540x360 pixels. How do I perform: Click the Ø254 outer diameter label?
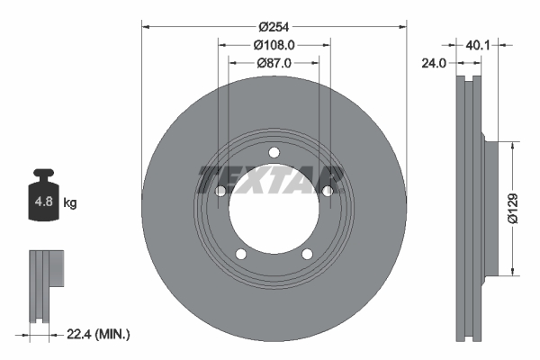274,26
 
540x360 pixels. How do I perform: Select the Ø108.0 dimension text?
274,44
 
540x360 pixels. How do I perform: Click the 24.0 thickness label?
436,63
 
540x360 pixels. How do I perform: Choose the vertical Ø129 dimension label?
510,207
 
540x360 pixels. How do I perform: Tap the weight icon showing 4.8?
43,200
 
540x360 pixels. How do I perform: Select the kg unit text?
69,203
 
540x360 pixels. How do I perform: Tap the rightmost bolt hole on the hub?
328,190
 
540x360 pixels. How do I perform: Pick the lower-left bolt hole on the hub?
240,254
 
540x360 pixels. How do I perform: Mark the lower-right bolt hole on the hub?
307,254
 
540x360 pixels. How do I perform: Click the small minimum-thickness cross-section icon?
45,283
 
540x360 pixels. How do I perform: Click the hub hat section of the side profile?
490,207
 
